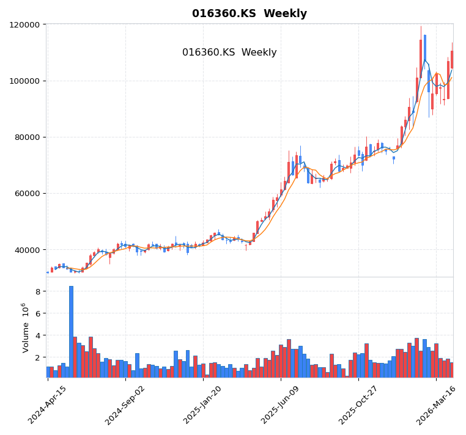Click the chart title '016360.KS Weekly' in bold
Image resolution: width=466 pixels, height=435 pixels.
250,13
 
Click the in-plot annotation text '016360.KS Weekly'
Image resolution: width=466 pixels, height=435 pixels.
229,53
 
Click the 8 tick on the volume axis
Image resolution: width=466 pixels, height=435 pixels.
37,292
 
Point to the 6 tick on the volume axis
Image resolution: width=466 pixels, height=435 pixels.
37,314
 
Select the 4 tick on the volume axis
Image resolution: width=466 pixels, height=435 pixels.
37,336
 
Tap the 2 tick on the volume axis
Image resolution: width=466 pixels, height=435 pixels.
37,358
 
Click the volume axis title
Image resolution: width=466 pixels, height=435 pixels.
25,327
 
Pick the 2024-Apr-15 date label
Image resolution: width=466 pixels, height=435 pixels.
48,405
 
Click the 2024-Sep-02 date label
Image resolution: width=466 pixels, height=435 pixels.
125,405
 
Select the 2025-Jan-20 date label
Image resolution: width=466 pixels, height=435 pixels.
203,405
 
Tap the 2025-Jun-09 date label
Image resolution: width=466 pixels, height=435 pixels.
281,405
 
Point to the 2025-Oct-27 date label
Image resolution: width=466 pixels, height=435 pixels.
358,405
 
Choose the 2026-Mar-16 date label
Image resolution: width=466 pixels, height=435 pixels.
436,405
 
